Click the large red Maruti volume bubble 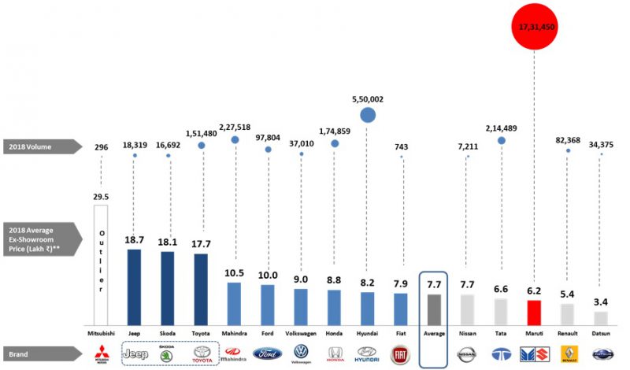click(x=533, y=27)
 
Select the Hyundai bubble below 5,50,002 click(x=368, y=115)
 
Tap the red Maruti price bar click(x=533, y=312)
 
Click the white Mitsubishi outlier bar click(x=100, y=264)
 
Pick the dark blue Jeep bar click(x=135, y=285)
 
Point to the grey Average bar click(x=434, y=308)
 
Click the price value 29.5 click(x=100, y=198)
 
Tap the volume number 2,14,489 click(x=501, y=128)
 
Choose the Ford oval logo click(x=267, y=353)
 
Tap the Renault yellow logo click(x=568, y=353)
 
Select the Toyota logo click(x=201, y=353)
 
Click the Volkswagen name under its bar click(x=301, y=334)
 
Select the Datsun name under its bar click(x=601, y=334)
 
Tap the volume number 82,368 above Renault click(x=568, y=140)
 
